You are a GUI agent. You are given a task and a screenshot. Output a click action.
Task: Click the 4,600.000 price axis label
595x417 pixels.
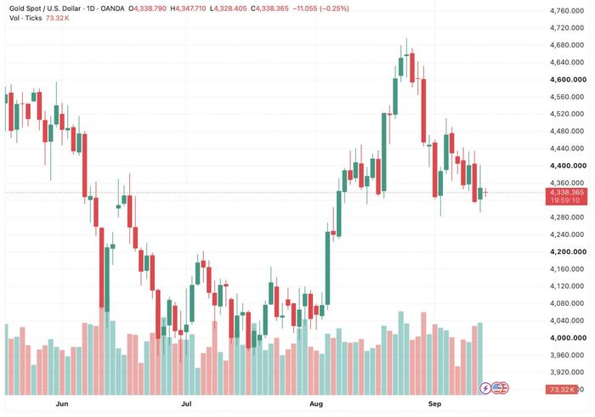(x=568, y=80)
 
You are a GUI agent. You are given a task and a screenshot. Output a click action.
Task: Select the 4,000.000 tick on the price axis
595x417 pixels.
(x=568, y=338)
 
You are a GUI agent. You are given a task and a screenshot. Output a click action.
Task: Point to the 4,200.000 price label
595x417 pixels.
(x=568, y=251)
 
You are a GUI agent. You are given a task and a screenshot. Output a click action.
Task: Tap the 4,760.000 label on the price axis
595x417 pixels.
(x=567, y=11)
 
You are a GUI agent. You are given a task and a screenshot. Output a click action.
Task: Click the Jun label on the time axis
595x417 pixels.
(x=62, y=404)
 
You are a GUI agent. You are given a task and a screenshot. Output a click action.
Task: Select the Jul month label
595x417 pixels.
(x=186, y=404)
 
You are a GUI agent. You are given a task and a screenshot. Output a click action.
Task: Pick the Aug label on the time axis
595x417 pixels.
(x=316, y=404)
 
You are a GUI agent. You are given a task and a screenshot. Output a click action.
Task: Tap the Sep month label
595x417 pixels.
(x=434, y=404)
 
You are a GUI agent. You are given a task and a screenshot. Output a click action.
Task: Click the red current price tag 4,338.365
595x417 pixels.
(x=567, y=193)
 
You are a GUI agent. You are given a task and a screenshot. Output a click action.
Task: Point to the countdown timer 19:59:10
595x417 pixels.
(x=565, y=200)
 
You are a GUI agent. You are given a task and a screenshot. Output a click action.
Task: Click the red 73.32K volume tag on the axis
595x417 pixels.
(x=561, y=390)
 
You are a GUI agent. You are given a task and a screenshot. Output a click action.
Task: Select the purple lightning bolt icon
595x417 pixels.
(x=485, y=388)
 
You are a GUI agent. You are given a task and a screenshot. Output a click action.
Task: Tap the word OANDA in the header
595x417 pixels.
(x=112, y=8)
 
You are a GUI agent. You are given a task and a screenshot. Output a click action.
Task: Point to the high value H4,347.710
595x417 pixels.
(x=188, y=8)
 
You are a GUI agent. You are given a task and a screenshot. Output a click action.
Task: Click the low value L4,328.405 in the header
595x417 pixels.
(x=228, y=8)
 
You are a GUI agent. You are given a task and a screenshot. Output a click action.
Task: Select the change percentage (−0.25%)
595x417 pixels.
(x=334, y=8)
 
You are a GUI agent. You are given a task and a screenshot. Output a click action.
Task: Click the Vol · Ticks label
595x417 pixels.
(x=25, y=18)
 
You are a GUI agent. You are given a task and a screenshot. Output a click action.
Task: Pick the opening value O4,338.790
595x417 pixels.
(x=147, y=8)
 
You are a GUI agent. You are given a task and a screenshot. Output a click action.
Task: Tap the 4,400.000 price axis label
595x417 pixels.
(x=568, y=166)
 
